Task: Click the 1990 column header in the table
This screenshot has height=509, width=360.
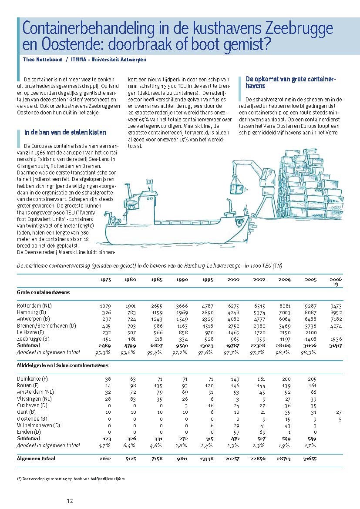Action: pos(182,280)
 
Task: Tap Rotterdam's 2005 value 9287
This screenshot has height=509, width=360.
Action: pos(310,306)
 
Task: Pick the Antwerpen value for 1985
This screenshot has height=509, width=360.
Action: pos(156,319)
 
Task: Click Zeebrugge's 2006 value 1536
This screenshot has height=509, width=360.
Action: pos(336,338)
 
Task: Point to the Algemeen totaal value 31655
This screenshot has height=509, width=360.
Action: pos(310,458)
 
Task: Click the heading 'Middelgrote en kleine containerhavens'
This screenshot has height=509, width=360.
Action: pos(63,366)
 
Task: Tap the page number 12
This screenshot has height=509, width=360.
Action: pos(70,501)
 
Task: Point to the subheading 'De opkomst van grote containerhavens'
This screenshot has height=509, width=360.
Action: pos(291,83)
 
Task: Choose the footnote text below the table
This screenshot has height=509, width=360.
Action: pos(71,479)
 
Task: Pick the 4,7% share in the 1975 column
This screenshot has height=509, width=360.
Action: pos(104,445)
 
